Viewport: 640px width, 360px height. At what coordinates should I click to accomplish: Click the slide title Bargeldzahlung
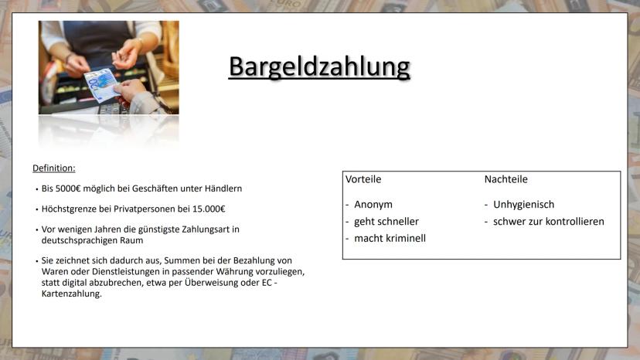coord(319,67)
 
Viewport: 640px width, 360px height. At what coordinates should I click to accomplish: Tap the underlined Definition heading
coord(54,168)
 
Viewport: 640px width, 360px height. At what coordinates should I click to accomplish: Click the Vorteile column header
coord(363,179)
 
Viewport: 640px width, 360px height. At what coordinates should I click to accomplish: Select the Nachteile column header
coord(506,179)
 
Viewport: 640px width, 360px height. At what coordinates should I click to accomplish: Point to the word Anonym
coord(373,205)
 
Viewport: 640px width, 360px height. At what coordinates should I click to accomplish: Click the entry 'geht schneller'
coord(386,222)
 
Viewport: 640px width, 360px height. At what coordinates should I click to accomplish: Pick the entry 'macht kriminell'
coord(390,239)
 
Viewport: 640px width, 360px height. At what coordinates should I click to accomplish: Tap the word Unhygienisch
coord(524,205)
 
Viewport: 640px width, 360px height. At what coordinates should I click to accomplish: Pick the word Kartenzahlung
coord(71,294)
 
